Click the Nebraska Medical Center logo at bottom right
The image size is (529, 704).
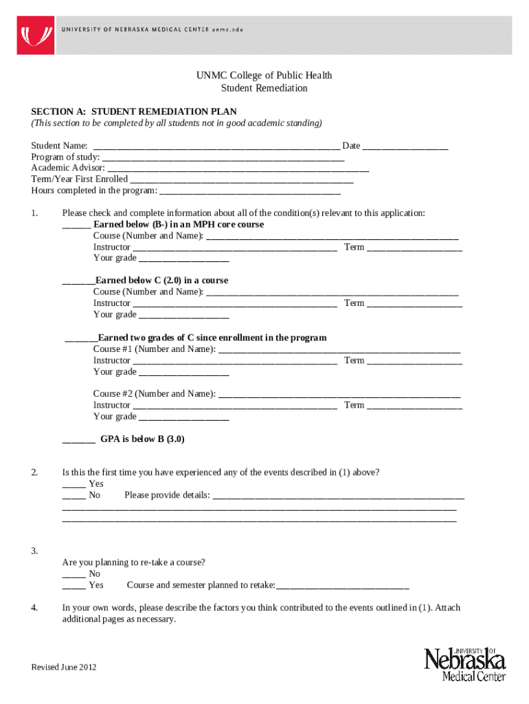(x=464, y=663)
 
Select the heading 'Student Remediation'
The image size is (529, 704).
(x=264, y=88)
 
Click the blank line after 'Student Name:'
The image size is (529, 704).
(x=216, y=147)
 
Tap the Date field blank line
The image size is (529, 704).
(x=405, y=147)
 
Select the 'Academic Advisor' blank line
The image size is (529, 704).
(x=238, y=169)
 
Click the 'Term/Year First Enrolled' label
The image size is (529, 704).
(x=79, y=179)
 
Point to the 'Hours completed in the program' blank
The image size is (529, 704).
(x=250, y=191)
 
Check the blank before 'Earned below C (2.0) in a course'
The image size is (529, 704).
(x=78, y=282)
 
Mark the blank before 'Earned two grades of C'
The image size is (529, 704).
(x=80, y=339)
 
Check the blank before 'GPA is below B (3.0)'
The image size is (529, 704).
(x=78, y=440)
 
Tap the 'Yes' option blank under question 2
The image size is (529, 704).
(x=74, y=485)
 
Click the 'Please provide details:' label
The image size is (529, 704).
(x=167, y=495)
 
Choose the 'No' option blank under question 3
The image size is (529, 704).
(x=74, y=575)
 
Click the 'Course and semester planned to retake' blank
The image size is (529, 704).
(x=342, y=586)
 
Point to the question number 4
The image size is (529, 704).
(x=34, y=608)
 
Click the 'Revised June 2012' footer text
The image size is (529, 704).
(x=64, y=668)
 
